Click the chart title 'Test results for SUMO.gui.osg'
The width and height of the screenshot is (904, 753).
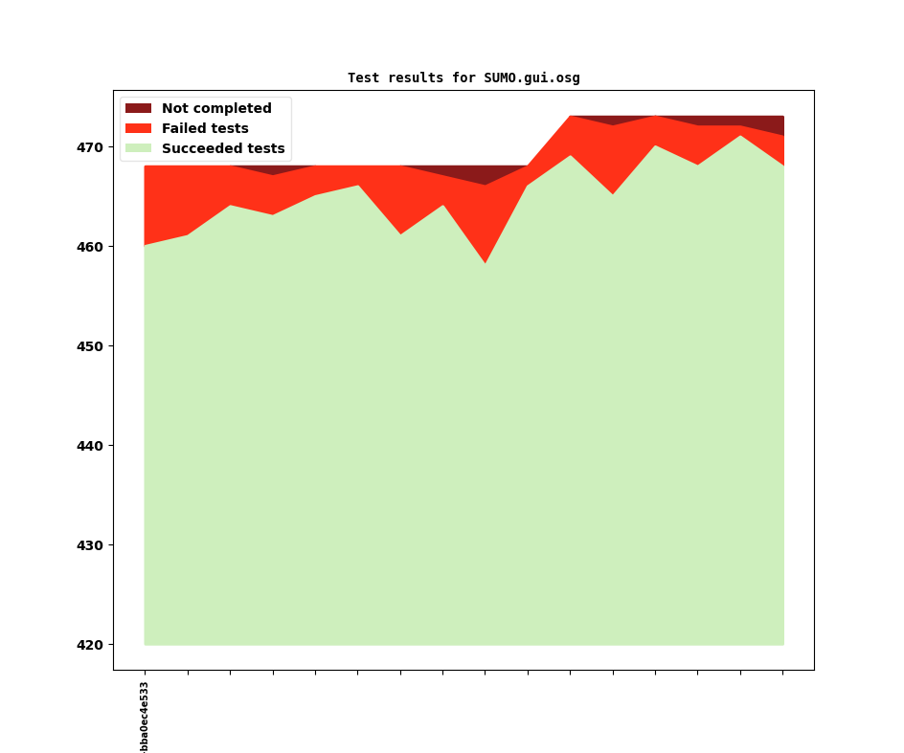[x=463, y=78]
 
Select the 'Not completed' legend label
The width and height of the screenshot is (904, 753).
[x=216, y=109]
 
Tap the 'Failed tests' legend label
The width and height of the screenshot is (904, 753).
[x=205, y=129]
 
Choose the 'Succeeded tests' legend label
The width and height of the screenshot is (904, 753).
[x=223, y=149]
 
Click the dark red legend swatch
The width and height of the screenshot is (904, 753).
[x=139, y=109]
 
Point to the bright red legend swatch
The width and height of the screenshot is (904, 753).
[x=139, y=129]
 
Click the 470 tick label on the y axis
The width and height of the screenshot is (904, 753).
[x=89, y=147]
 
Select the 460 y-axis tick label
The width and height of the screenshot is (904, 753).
[x=89, y=247]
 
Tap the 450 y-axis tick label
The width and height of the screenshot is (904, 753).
[x=89, y=346]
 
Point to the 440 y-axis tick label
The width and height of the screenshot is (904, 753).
[x=89, y=446]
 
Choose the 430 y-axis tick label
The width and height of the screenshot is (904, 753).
[x=89, y=545]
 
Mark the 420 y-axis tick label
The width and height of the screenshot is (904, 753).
[x=89, y=645]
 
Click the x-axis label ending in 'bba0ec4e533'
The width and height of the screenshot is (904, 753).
[x=145, y=717]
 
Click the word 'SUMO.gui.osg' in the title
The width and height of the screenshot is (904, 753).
[x=531, y=78]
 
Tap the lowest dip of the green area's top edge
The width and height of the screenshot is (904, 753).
[x=486, y=263]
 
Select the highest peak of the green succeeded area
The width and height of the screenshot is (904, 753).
[x=740, y=136]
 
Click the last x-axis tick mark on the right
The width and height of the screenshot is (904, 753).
[x=783, y=673]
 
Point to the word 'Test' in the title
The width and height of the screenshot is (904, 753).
[x=363, y=78]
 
